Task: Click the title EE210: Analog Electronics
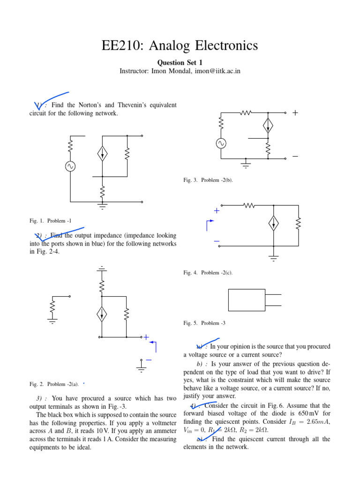pos(180,45)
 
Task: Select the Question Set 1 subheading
pos(180,62)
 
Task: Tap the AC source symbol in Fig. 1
pos(70,166)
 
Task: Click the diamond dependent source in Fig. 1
pos(102,153)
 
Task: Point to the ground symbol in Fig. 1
pos(102,205)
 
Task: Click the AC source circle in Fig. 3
pos(221,143)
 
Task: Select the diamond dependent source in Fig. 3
pos(268,125)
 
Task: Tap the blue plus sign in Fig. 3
pos(295,113)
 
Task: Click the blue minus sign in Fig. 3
pos(295,156)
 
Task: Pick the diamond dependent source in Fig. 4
pos(274,223)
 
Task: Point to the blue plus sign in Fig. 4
pos(217,211)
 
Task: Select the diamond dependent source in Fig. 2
pos(102,315)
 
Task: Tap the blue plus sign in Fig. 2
pos(146,337)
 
